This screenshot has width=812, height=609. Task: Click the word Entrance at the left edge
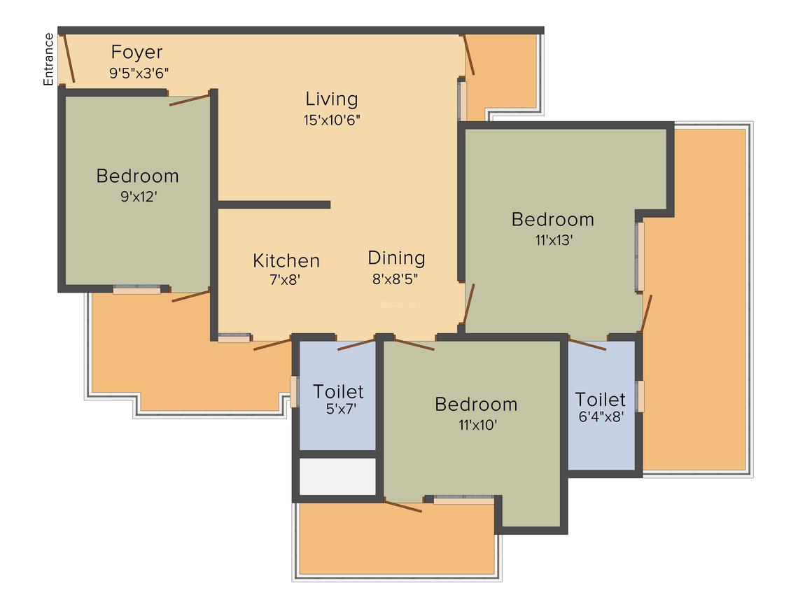pos(48,59)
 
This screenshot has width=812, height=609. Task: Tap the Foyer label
pos(137,52)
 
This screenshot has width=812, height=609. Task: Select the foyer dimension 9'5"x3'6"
pos(139,71)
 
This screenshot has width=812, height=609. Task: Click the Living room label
pos(332,99)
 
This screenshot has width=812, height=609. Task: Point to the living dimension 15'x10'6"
pos(332,120)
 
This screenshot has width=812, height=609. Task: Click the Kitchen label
pos(286,261)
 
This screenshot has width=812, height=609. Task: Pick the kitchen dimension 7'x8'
pos(286,279)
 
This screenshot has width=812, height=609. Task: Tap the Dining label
pos(396,258)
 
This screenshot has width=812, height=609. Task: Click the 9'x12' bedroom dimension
pos(137,197)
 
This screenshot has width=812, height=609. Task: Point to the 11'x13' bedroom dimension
pos(552,240)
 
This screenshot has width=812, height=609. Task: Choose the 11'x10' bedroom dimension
pos(476,424)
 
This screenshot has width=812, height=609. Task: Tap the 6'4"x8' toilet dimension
pos(600,418)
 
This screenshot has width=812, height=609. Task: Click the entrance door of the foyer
pos(69,58)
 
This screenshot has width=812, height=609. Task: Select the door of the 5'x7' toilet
pos(357,344)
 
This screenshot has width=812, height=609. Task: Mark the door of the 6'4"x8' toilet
pos(587,344)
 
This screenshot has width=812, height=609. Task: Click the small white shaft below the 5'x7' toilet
pos(337,477)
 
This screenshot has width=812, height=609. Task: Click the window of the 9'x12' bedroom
pos(136,289)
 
